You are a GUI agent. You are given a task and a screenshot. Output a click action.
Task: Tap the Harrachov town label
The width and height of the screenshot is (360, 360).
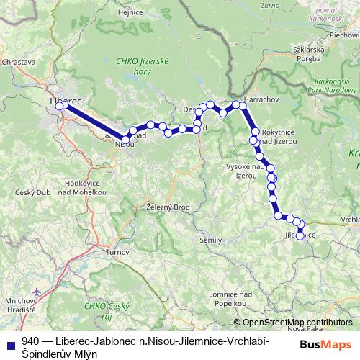click(x=251, y=99)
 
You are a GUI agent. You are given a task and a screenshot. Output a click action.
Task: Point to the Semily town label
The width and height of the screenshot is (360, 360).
click(x=212, y=239)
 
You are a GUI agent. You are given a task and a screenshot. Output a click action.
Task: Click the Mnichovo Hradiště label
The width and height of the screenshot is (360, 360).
click(x=20, y=304)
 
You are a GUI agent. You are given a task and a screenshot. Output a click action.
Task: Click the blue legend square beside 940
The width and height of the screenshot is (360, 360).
click(x=10, y=342)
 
